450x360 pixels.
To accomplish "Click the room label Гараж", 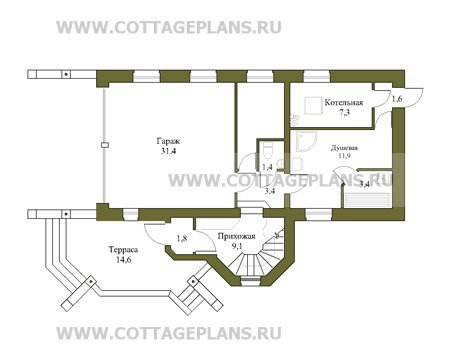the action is pos(168,141).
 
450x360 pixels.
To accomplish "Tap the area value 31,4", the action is pos(169,151).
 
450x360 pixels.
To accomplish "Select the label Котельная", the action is pos(344,102).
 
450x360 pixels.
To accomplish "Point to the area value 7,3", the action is pos(344,112).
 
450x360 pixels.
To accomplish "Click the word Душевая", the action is pos(344,148).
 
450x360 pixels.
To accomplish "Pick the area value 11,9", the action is pos(344,155).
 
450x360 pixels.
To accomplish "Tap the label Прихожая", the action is pos(236,236).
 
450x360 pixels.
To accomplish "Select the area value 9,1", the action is pos(236,246).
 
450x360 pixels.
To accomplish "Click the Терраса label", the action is pos(123,250).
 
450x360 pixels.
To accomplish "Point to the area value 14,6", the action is pos(123,259).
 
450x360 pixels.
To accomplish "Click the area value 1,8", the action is pos(182,238).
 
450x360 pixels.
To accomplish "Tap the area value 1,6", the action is pos(397,99).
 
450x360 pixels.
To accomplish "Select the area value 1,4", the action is pos(268,167).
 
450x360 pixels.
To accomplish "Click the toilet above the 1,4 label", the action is pos(268,151).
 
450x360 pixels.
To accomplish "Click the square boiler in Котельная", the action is pos(313,105).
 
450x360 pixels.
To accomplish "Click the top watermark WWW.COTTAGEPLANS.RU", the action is pos(169,27).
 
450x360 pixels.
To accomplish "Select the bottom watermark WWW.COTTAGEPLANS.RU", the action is pos(169,333).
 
